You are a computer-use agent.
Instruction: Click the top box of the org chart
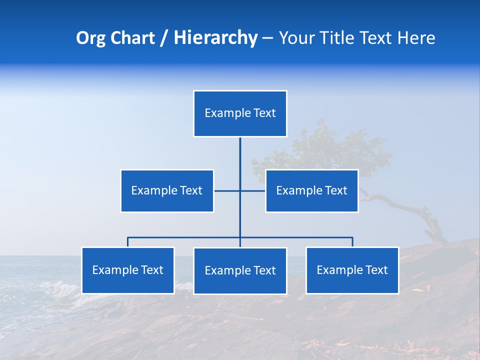click(240, 113)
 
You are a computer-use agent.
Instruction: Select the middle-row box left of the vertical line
click(167, 190)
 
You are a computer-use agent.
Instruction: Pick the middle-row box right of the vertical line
click(311, 190)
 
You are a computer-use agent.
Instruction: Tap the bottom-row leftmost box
click(128, 270)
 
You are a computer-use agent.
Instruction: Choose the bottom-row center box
click(240, 270)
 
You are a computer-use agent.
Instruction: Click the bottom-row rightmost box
click(352, 270)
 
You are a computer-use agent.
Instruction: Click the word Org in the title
click(90, 38)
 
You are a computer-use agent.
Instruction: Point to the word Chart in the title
click(132, 38)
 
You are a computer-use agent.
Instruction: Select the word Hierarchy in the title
click(215, 38)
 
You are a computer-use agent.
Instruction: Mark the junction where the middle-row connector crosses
click(240, 190)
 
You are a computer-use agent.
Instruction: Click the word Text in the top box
click(264, 113)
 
